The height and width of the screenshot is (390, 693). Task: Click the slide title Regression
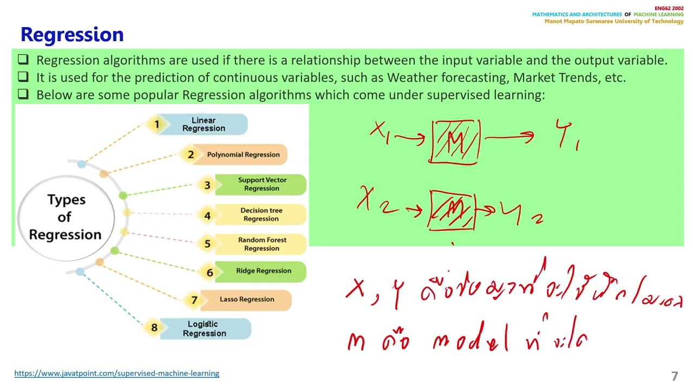(72, 35)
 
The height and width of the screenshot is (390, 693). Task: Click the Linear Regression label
(204, 125)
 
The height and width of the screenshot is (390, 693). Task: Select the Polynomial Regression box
(243, 154)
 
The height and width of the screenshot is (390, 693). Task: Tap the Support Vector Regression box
(262, 184)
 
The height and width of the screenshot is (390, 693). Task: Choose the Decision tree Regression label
(261, 214)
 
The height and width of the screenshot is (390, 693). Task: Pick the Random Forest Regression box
(262, 244)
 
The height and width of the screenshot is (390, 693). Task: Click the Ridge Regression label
(263, 271)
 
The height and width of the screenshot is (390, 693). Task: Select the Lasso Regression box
(247, 300)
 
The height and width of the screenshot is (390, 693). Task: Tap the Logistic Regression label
(204, 329)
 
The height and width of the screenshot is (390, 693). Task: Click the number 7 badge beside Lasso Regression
(194, 300)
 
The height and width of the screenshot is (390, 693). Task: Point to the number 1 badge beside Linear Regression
(157, 125)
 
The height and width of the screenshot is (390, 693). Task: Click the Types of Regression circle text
(65, 217)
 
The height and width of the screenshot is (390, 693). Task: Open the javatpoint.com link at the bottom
(116, 373)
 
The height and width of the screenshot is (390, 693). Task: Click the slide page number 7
(675, 376)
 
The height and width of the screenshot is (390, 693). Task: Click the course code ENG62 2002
(669, 9)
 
